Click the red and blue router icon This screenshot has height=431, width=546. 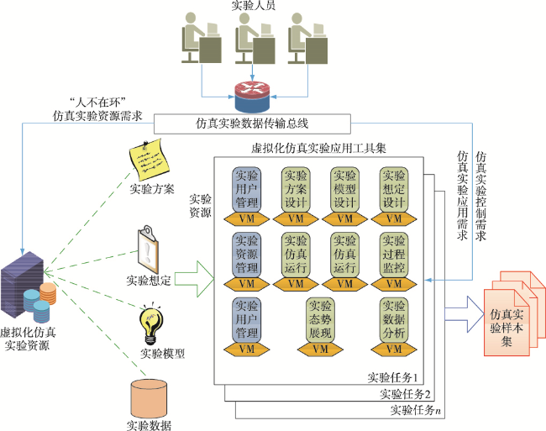tap(253, 97)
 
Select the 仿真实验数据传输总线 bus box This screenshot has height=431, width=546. tap(252, 124)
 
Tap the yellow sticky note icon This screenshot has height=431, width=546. tap(149, 160)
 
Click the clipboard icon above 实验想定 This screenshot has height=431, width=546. tap(149, 250)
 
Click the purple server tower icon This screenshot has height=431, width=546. tap(23, 285)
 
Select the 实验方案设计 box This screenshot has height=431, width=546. tap(296, 189)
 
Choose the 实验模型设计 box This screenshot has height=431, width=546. tap(344, 189)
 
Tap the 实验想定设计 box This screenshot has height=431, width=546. tap(394, 189)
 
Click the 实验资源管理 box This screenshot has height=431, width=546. tap(246, 255)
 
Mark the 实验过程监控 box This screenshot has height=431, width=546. tap(394, 255)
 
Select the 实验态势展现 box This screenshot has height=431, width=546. tap(320, 319)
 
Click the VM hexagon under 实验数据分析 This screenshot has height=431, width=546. tap(394, 350)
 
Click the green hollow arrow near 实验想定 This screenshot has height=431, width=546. tap(194, 279)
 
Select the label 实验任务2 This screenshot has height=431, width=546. tap(405, 394)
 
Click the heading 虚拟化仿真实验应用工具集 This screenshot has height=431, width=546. tap(318, 149)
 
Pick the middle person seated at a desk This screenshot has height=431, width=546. tap(254, 38)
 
